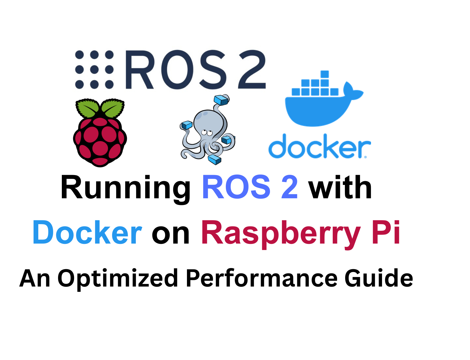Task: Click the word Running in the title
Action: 125,188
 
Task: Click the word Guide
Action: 379,278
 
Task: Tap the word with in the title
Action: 340,188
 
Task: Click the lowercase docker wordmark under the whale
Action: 319,147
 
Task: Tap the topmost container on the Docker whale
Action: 325,74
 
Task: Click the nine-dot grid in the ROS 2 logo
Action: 94,70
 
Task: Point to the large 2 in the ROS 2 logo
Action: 251,70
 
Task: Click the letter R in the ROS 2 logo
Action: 139,70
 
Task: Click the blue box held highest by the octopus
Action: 221,100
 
